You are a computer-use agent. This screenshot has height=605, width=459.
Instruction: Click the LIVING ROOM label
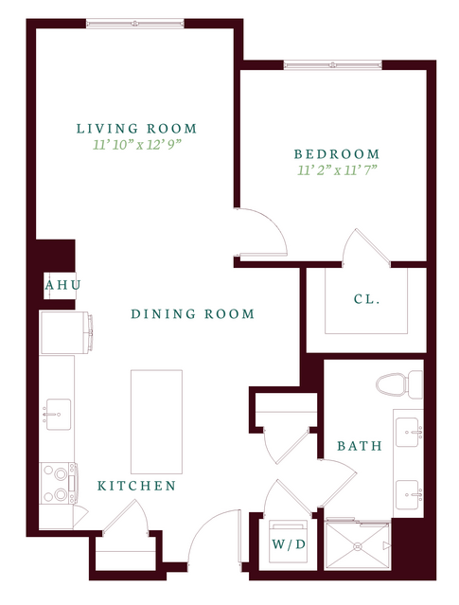[136, 129]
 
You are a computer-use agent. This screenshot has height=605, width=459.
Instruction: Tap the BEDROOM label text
[337, 154]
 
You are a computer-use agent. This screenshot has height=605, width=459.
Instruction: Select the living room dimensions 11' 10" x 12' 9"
[137, 145]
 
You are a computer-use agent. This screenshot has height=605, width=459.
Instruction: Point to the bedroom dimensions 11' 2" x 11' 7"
[337, 170]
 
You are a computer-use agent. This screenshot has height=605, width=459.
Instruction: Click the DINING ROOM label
[193, 313]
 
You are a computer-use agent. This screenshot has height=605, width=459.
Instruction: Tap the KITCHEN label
[136, 486]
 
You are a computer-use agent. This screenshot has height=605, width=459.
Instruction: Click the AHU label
[62, 286]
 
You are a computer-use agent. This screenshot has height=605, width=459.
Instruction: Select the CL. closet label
[367, 299]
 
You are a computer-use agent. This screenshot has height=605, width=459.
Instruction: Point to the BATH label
[360, 446]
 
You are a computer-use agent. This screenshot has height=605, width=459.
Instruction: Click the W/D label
[289, 544]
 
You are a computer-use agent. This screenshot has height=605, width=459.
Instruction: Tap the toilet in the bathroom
[399, 383]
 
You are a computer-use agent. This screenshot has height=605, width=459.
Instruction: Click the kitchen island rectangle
[156, 421]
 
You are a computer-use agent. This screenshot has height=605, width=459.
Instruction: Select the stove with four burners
[59, 484]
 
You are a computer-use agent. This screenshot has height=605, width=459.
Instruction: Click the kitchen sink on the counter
[59, 415]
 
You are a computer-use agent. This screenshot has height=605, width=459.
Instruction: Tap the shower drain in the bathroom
[358, 546]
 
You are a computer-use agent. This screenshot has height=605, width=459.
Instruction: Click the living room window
[135, 24]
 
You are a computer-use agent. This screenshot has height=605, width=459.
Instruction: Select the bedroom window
[333, 65]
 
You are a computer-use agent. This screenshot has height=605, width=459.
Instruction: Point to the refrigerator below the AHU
[66, 332]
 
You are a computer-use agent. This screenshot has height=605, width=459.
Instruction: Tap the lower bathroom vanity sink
[410, 494]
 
